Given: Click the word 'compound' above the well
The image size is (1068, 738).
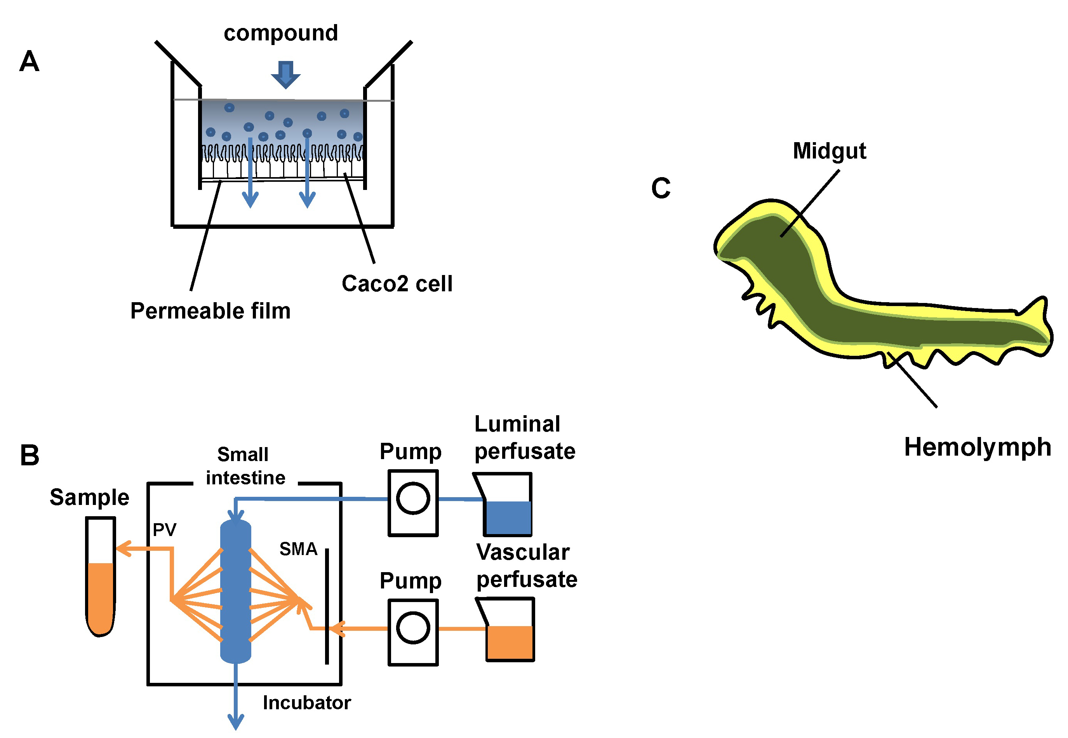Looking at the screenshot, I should point(281,33).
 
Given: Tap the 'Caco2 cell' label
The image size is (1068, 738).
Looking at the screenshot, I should point(397,284).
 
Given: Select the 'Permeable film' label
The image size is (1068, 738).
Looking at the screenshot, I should point(210,311).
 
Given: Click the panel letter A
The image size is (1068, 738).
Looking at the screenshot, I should point(29,61).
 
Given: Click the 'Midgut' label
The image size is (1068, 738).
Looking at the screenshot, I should point(829,151).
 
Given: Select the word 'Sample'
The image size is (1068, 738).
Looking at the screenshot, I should point(89,498).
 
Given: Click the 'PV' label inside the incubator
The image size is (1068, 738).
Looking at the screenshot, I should point(165,529).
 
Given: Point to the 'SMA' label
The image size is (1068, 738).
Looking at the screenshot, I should point(298,549).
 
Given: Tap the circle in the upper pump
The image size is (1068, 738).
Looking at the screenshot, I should point(413,498).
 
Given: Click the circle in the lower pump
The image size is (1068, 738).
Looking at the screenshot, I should point(413,627).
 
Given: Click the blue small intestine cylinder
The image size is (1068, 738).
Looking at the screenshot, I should point(235,592).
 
